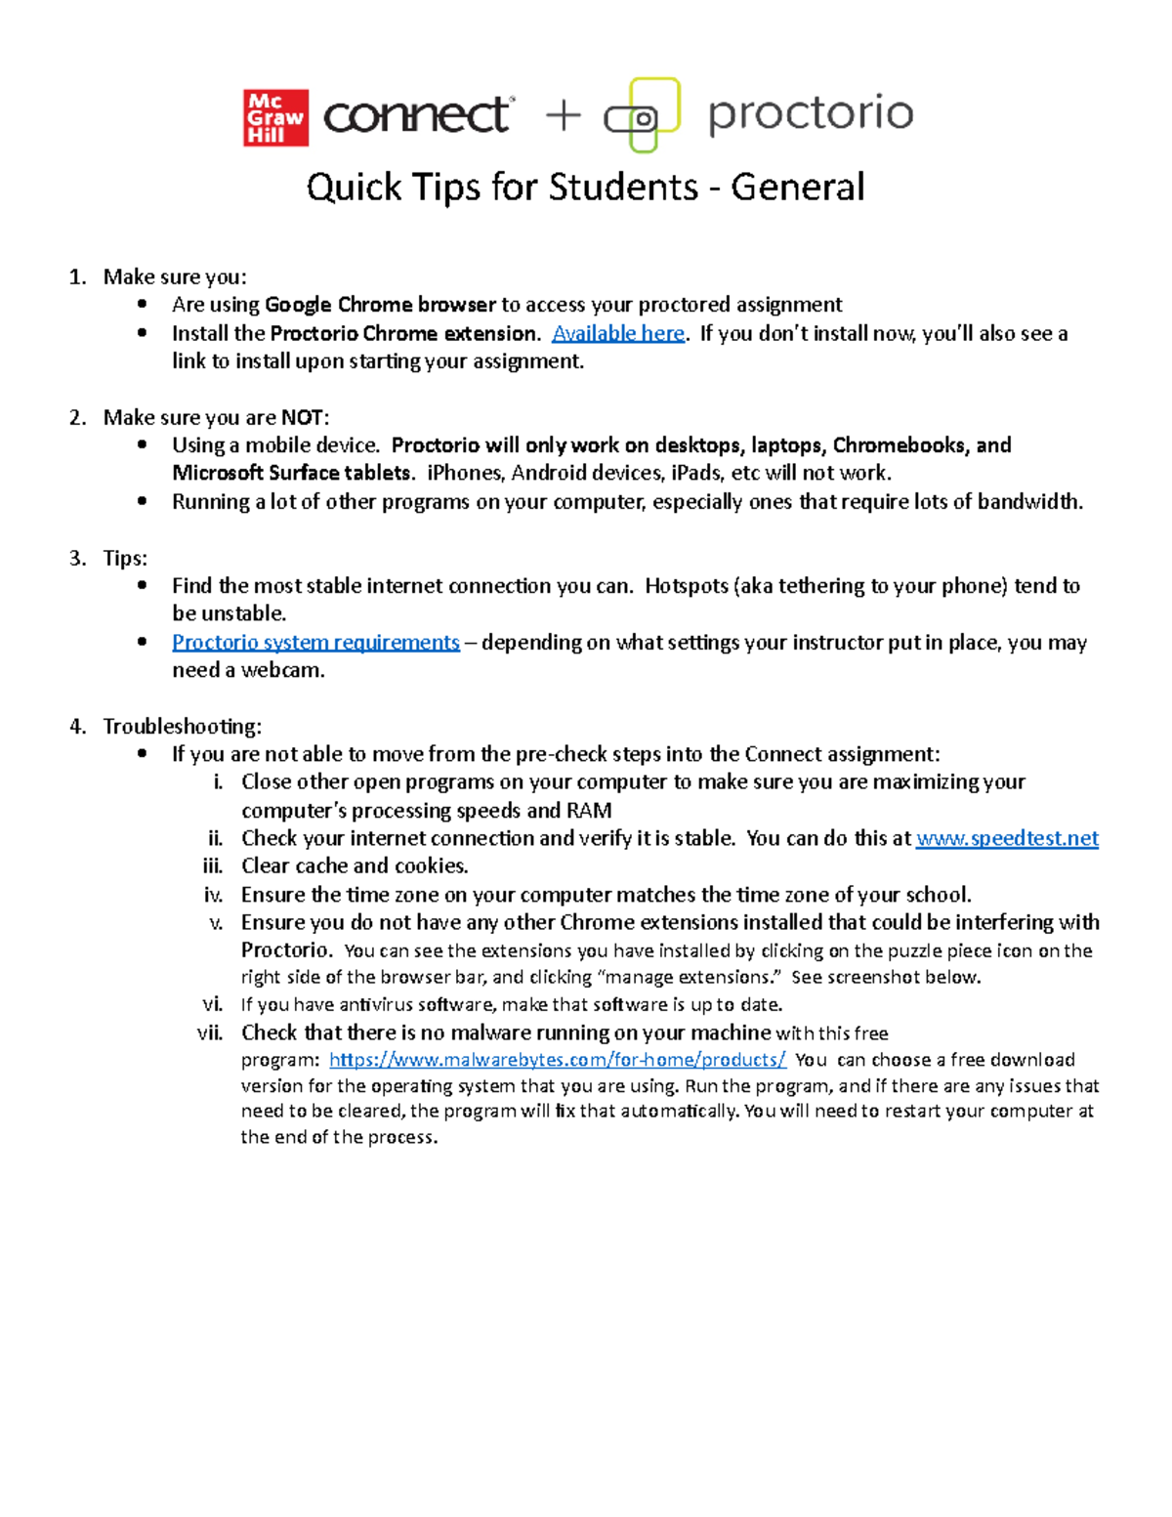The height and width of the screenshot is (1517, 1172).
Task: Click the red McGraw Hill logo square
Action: pyautogui.click(x=275, y=118)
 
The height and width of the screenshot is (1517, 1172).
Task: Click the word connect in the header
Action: pyautogui.click(x=416, y=115)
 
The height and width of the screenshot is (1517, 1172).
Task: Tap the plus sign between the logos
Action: pyautogui.click(x=563, y=116)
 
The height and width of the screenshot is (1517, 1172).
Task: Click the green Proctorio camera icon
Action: pyautogui.click(x=643, y=115)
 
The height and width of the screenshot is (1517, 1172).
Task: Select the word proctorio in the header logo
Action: pyautogui.click(x=811, y=113)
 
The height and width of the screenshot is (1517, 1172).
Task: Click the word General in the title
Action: pyautogui.click(x=797, y=187)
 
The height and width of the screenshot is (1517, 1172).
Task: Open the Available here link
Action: pyautogui.click(x=618, y=333)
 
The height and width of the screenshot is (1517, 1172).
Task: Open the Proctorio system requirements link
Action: pyautogui.click(x=315, y=642)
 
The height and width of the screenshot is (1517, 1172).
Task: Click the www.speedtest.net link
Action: pyautogui.click(x=1007, y=838)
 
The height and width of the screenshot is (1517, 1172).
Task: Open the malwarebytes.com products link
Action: pyautogui.click(x=557, y=1060)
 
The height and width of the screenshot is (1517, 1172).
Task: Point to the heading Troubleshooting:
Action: pyautogui.click(x=182, y=726)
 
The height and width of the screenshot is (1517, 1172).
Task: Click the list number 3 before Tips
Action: pyautogui.click(x=77, y=558)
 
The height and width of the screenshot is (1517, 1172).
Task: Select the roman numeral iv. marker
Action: pyautogui.click(x=213, y=895)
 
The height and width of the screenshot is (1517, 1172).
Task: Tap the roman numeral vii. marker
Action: pyautogui.click(x=210, y=1032)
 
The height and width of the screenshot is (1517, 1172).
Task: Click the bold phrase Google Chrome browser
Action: pyautogui.click(x=381, y=305)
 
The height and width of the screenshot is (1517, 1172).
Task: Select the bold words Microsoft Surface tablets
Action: pyautogui.click(x=292, y=473)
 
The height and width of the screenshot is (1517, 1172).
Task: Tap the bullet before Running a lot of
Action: pyautogui.click(x=143, y=501)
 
